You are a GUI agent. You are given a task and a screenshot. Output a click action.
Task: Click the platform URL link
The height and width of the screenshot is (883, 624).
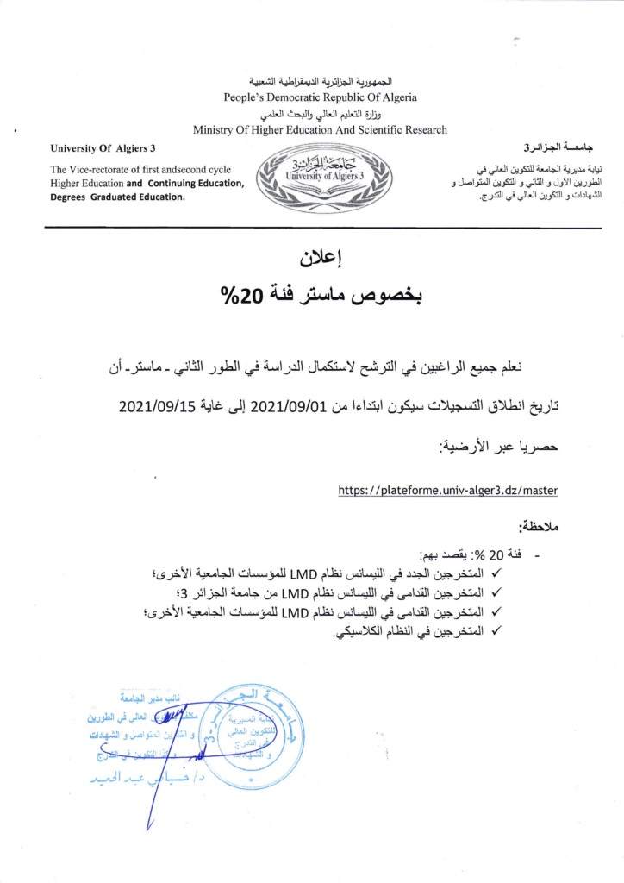(x=447, y=490)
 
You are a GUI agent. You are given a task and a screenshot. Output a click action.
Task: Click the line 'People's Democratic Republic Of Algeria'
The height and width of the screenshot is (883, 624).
(x=320, y=97)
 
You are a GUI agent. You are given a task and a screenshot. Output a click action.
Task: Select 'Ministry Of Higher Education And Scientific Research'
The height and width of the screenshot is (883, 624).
(x=320, y=130)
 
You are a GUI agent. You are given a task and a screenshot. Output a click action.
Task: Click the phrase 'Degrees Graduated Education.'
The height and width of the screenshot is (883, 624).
(x=117, y=197)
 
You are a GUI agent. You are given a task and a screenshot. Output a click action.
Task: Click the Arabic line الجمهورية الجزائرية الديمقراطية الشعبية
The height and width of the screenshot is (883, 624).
(x=320, y=81)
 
